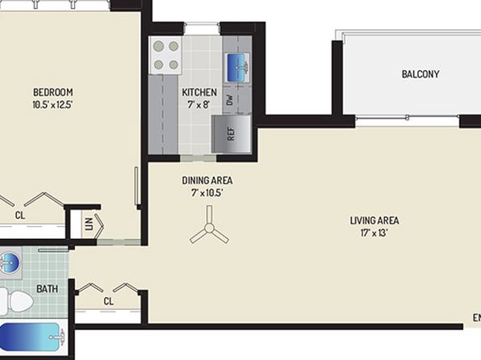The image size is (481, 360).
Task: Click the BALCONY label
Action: pos(420,74)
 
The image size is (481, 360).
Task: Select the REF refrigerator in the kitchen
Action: pos(232,134)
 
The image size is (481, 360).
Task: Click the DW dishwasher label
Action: pos(230,100)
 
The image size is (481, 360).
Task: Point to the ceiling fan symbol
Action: pos(209,227)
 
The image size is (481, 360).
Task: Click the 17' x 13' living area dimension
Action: pos(374,233)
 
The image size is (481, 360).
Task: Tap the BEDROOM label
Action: pos(52,92)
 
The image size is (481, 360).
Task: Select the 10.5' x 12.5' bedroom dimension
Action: pos(52,105)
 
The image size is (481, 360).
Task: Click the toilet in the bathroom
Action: pos(17,301)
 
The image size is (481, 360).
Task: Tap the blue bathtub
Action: pos(30,337)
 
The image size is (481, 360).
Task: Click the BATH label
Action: pos(47,289)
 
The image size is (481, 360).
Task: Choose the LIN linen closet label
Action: pos(89,224)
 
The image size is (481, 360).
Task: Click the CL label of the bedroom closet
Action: pos(20,216)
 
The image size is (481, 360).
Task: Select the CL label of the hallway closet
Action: pos(109,301)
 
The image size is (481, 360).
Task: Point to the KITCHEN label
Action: pos(199,92)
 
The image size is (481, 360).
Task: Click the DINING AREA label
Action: pos(207,181)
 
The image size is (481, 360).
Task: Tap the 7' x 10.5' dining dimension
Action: pos(207,193)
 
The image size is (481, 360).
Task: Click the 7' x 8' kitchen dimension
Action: pos(199,105)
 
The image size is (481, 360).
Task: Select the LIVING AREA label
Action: pos(374,220)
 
